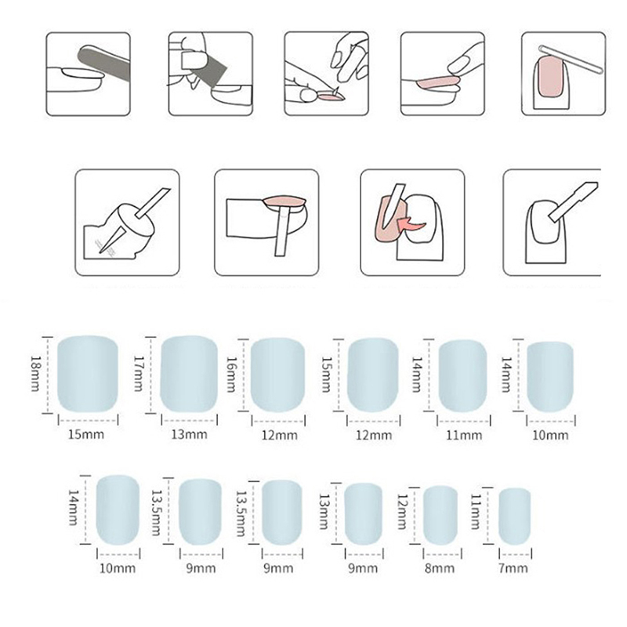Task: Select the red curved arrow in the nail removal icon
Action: [x=410, y=225]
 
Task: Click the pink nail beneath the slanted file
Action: [x=551, y=76]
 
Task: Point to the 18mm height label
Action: [x=35, y=373]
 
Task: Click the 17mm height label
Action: [x=139, y=373]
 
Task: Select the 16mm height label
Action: [x=231, y=375]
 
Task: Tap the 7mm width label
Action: [x=513, y=567]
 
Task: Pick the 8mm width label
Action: [x=440, y=567]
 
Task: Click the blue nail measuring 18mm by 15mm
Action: [x=88, y=374]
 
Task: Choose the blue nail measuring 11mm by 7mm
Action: [x=515, y=516]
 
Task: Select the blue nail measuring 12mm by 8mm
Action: [x=440, y=516]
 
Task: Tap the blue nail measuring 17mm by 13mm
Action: [x=189, y=374]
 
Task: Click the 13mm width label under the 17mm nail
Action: [x=189, y=434]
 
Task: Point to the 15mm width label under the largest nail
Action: [x=86, y=434]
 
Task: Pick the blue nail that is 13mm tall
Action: [x=363, y=514]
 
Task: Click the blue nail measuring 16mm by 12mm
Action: [x=278, y=375]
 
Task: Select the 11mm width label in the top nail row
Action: [x=464, y=435]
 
